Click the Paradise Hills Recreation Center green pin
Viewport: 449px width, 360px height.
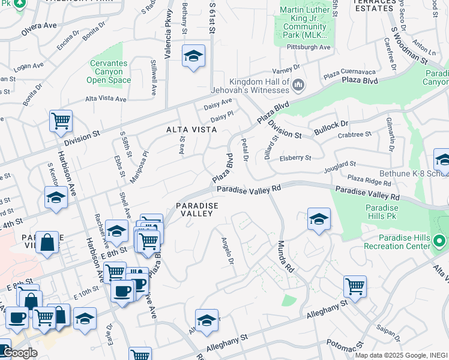(x=439, y=242)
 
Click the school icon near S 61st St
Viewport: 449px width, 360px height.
(x=193, y=56)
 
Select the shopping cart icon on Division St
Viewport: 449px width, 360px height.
(x=61, y=120)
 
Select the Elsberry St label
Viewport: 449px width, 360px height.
(x=295, y=158)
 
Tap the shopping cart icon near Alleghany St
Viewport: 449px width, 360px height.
(x=355, y=286)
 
